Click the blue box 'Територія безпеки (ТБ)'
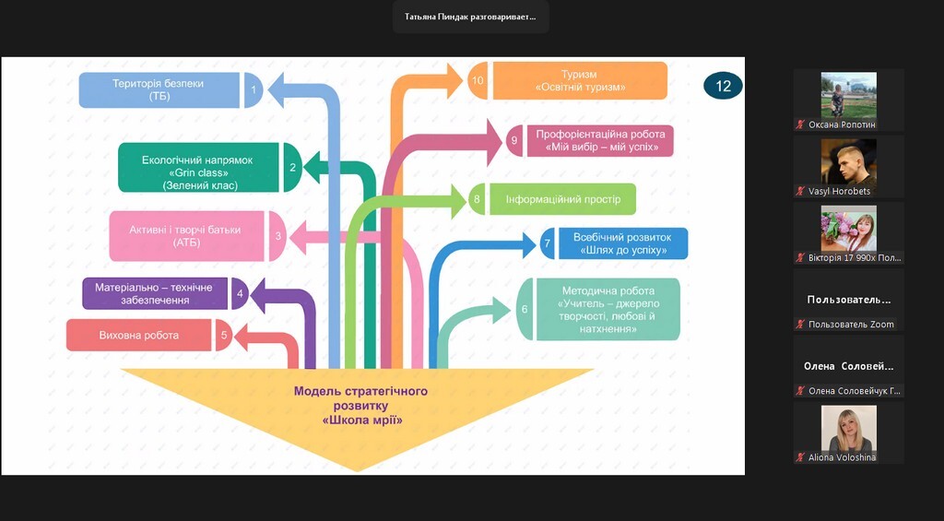coord(159,89)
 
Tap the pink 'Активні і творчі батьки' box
coord(185,236)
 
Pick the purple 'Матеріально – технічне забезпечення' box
coord(155,294)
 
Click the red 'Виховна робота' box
coord(139,335)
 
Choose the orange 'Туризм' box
coord(579,81)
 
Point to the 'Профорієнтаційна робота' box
coord(599,140)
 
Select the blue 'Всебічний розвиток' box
coord(621,243)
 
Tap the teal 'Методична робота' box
coord(608,309)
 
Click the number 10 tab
coord(478,81)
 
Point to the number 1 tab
coord(254,89)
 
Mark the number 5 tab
coord(223,335)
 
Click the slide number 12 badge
coord(723,86)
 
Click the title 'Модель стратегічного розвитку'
coord(361,405)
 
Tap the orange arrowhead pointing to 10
coord(454,80)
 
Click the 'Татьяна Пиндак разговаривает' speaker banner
coord(470,17)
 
